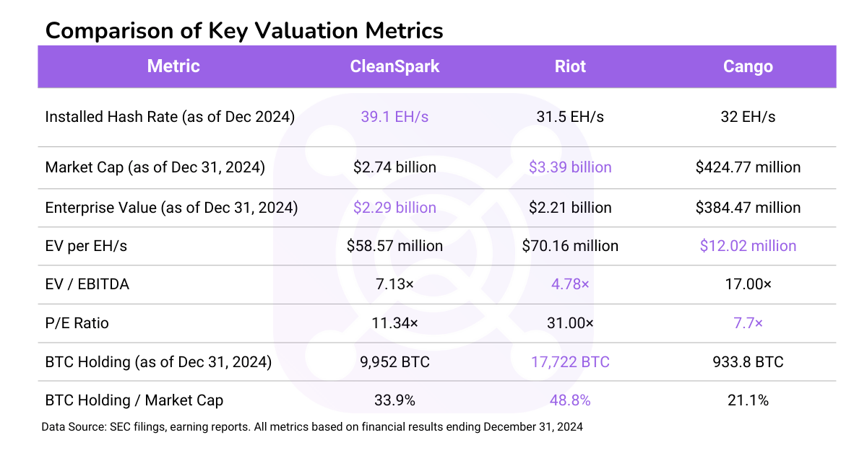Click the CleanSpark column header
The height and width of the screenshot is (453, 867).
(x=394, y=66)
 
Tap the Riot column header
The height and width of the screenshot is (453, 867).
(x=570, y=66)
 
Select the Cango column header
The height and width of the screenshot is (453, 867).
(x=748, y=66)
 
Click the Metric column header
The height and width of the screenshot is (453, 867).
(x=173, y=66)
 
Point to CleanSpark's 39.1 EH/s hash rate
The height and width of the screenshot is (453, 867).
(x=394, y=116)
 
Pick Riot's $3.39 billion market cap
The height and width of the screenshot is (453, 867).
(x=570, y=167)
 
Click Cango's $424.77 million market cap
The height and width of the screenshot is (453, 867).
(x=748, y=167)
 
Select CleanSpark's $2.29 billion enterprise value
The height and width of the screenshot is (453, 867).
(x=394, y=208)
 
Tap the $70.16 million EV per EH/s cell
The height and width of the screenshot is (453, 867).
(x=570, y=246)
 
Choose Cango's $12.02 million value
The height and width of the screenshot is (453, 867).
(x=748, y=246)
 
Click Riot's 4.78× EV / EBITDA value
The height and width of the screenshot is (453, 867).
(x=570, y=284)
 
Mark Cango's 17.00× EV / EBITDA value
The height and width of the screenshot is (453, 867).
(x=748, y=284)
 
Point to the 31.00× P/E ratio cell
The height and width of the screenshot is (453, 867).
(x=570, y=323)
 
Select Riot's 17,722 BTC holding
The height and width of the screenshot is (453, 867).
(x=570, y=361)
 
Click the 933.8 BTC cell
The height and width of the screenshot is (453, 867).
(x=748, y=361)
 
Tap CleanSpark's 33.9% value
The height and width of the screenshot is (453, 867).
(x=394, y=400)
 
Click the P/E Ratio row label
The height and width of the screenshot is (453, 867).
(x=77, y=323)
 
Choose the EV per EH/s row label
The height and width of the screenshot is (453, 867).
(x=86, y=246)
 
